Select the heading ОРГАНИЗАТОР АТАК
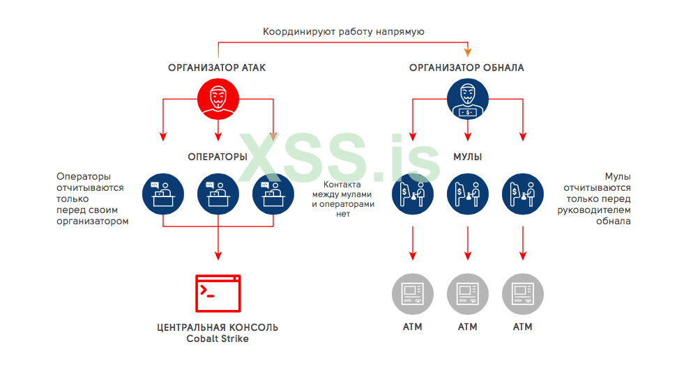point(217,68)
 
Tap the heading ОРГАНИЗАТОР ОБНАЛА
point(466,68)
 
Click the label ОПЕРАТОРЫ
point(218,157)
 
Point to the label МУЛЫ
point(467,157)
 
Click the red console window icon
point(218,293)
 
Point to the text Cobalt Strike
point(218,339)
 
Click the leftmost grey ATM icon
point(412,293)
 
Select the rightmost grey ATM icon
point(522,293)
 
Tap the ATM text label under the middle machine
point(467,327)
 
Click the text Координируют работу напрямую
point(343,31)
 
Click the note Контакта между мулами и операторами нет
point(343,199)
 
